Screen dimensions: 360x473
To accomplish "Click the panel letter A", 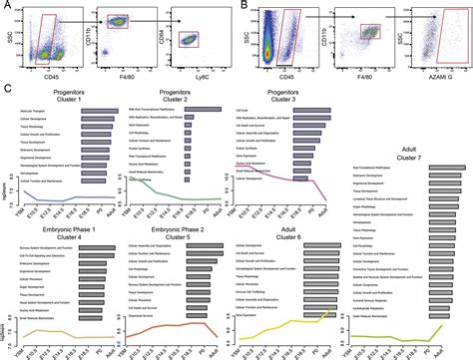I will coord(7,7).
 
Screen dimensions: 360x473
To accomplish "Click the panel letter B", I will coord(244,7).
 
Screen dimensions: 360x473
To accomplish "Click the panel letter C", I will coord(7,89).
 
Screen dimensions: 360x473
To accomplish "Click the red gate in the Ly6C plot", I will coord(194,40).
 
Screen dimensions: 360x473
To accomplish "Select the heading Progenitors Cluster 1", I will coord(66,96).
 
